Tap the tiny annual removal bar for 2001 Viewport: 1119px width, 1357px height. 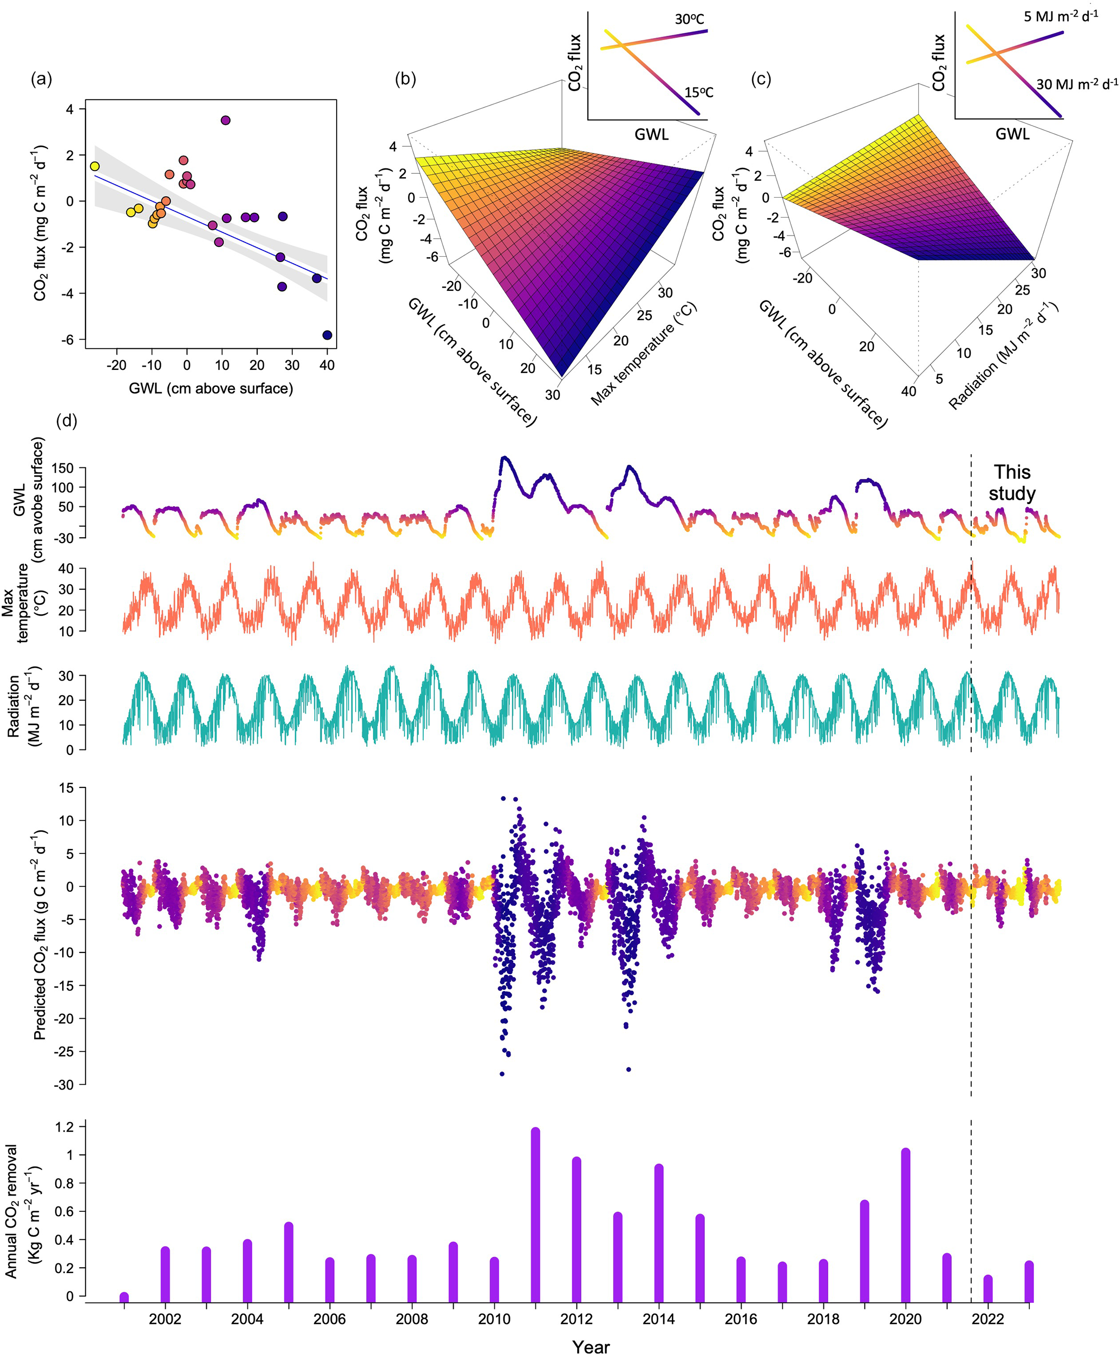click(124, 1297)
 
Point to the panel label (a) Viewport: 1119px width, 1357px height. click(41, 79)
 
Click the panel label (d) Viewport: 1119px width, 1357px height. click(67, 421)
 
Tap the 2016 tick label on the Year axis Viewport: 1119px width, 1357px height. click(741, 1319)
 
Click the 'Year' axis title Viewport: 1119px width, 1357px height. click(591, 1347)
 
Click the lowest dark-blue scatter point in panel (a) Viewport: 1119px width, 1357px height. click(327, 335)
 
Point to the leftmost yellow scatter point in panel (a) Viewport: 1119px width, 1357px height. click(95, 166)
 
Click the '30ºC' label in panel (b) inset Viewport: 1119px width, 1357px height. click(689, 19)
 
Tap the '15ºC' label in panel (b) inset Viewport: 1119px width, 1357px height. click(699, 93)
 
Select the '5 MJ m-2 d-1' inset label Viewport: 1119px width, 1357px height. click(1061, 16)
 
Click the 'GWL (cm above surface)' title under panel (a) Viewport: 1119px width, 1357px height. click(211, 388)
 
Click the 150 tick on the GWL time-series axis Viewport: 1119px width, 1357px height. click(66, 467)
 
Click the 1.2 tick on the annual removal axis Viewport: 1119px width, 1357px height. click(65, 1126)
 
